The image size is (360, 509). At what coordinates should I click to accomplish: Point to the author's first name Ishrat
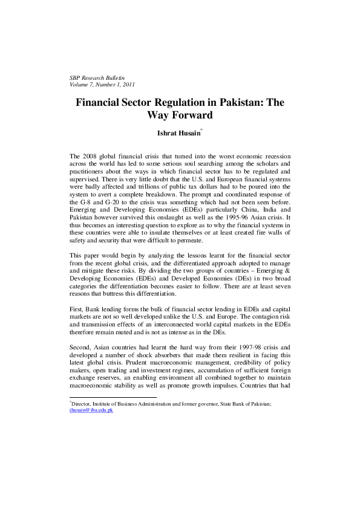coord(168,132)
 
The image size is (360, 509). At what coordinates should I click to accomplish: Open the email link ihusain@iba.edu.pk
coord(91,410)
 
